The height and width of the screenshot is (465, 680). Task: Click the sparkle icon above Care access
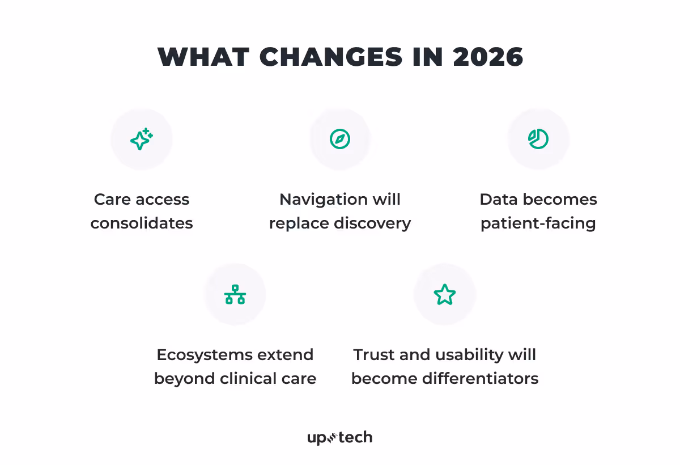coord(142,139)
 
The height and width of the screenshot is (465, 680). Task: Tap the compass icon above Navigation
coord(340,139)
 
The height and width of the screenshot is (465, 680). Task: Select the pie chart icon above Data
coord(538,139)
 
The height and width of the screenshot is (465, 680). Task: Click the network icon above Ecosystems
coord(235,294)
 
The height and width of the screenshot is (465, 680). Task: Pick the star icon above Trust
coord(445,295)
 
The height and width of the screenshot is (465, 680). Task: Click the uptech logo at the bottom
coord(340,438)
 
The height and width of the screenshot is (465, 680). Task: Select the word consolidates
coord(142,223)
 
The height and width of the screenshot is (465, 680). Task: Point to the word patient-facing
coord(538,223)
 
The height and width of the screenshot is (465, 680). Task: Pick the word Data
coord(499,200)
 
